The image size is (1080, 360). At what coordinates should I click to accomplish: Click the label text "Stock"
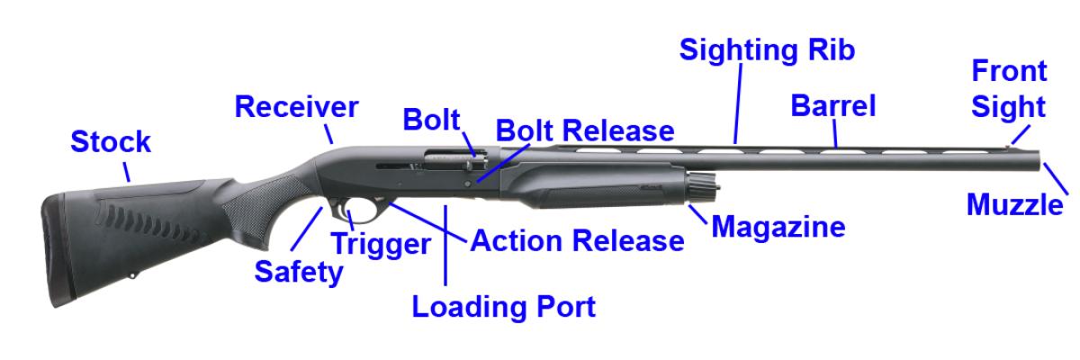[x=111, y=142]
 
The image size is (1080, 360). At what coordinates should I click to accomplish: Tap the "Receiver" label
[x=296, y=107]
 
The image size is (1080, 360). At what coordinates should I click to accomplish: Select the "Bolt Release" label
[x=584, y=130]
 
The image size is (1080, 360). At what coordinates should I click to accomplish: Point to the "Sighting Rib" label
[x=766, y=49]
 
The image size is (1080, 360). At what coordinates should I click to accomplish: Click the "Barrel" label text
[x=832, y=106]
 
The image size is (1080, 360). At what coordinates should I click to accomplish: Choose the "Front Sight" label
[x=1008, y=88]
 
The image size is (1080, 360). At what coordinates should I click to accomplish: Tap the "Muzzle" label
[x=1014, y=205]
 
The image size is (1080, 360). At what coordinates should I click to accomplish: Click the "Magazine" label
[x=778, y=227]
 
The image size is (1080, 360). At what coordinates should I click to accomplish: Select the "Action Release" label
[x=577, y=241]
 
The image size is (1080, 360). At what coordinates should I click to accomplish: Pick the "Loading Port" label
[x=504, y=307]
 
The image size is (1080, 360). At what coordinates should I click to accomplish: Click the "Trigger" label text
[x=381, y=243]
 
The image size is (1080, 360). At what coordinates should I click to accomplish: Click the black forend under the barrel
[x=594, y=184]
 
